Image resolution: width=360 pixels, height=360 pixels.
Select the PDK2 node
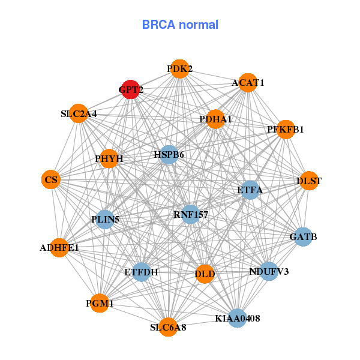click(x=179, y=70)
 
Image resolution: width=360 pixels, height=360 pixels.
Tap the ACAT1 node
click(x=248, y=82)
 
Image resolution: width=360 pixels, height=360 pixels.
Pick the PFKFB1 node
click(x=286, y=129)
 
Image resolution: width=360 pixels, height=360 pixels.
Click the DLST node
click(x=308, y=181)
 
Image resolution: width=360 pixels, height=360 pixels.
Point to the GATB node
click(x=302, y=237)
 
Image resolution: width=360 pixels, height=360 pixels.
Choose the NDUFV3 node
click(x=269, y=272)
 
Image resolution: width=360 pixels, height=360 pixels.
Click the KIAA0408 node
click(x=237, y=318)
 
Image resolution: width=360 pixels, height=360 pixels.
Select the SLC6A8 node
click(x=168, y=327)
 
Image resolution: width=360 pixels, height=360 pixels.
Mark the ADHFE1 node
click(x=59, y=247)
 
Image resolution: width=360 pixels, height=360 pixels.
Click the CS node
click(x=51, y=179)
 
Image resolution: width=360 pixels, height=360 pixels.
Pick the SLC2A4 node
click(x=79, y=113)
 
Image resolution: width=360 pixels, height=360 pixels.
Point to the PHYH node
click(x=109, y=159)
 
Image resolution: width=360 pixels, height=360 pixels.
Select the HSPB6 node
click(x=169, y=155)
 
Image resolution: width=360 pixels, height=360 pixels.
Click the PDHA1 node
click(x=215, y=119)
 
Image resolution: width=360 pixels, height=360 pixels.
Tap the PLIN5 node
click(x=106, y=219)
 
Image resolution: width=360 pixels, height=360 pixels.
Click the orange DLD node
click(x=205, y=274)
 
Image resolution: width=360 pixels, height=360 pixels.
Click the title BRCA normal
click(x=180, y=25)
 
